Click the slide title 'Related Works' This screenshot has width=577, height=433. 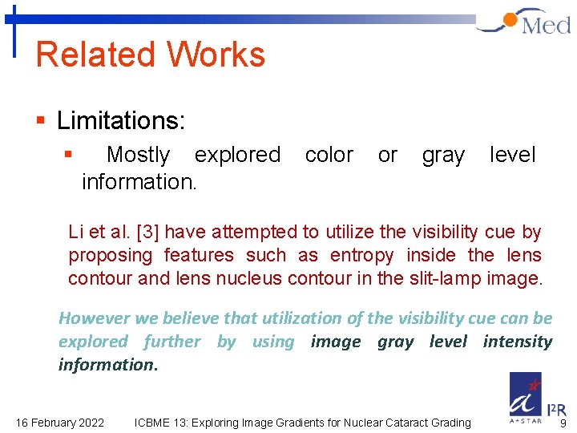(x=151, y=55)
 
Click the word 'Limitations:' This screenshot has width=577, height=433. (x=121, y=121)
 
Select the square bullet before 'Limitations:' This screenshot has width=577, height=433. (x=40, y=122)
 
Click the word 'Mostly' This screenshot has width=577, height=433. (x=138, y=155)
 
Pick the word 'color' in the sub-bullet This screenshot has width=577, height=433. (x=329, y=155)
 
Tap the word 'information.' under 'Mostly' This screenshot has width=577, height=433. (x=139, y=182)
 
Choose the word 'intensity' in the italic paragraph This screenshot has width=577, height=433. (x=517, y=342)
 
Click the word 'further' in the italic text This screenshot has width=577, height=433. (x=171, y=342)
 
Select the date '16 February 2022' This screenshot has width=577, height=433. (x=60, y=423)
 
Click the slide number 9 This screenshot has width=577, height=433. (x=563, y=423)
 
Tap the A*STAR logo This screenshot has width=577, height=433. (x=527, y=396)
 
